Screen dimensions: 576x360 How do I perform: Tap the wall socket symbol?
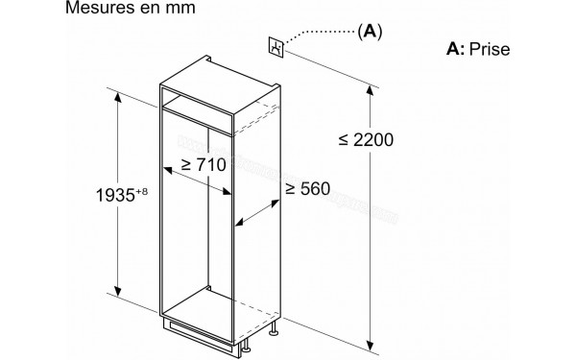[x=277, y=45]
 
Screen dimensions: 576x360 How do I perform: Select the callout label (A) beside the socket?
[x=370, y=32]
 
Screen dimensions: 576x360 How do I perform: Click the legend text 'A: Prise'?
[x=478, y=48]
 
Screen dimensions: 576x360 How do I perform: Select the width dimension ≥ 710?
[x=199, y=164]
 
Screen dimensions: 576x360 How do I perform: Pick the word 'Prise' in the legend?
[x=490, y=48]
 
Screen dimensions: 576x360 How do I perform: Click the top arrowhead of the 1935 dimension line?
[x=120, y=95]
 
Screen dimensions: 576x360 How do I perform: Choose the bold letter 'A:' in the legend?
[x=455, y=48]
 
